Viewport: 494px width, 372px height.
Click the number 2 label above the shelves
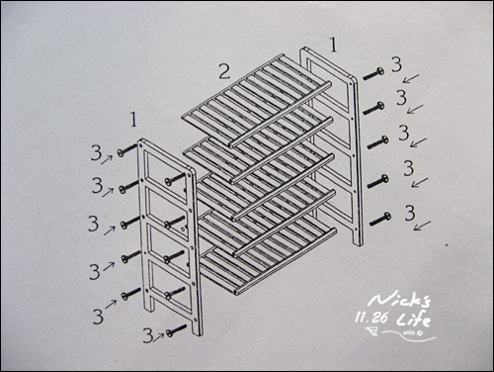[224, 71]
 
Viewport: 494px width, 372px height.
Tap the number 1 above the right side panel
[334, 45]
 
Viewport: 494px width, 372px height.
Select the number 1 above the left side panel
[133, 120]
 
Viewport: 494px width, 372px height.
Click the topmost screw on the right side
[373, 73]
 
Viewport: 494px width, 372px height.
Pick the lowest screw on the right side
[380, 219]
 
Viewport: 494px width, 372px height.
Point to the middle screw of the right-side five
[377, 142]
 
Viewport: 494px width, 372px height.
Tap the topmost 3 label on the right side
[396, 64]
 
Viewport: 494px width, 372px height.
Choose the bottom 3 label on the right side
[410, 213]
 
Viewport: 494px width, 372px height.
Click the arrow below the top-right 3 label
[411, 78]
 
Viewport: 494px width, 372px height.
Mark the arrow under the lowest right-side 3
[422, 226]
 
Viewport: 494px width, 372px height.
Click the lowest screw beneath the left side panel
[177, 330]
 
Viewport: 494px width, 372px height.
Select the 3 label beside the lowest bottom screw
[148, 335]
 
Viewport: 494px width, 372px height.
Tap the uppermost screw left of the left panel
[127, 150]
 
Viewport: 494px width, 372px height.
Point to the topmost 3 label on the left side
[96, 153]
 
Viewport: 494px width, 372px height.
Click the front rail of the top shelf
[281, 114]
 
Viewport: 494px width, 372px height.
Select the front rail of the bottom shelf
[286, 260]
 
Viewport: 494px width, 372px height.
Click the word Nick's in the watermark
[399, 300]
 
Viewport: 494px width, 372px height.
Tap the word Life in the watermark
[414, 320]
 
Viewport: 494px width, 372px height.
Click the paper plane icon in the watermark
[371, 331]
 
